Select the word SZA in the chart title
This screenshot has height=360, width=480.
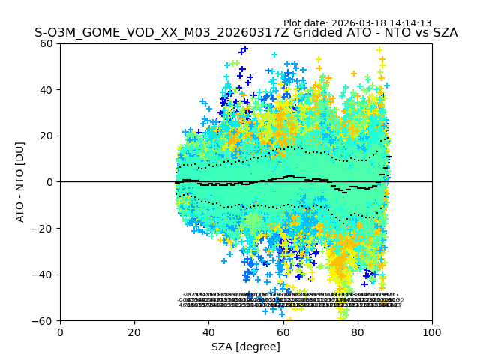pos(443,34)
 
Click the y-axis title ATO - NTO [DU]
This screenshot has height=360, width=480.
pos(21,181)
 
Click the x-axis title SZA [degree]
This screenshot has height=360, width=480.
pos(245,346)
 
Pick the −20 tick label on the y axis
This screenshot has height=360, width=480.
pos(44,229)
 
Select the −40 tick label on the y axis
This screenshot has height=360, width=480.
pos(44,274)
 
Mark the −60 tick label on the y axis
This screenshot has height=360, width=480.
pos(44,321)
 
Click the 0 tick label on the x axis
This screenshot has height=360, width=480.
pos(60,331)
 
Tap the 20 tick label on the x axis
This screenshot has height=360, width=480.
pos(134,331)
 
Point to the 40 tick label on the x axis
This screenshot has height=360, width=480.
pos(208,331)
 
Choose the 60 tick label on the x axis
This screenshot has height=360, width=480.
pos(283,331)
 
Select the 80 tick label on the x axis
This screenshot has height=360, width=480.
pos(357,331)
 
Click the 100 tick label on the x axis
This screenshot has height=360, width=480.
pos(432,331)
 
